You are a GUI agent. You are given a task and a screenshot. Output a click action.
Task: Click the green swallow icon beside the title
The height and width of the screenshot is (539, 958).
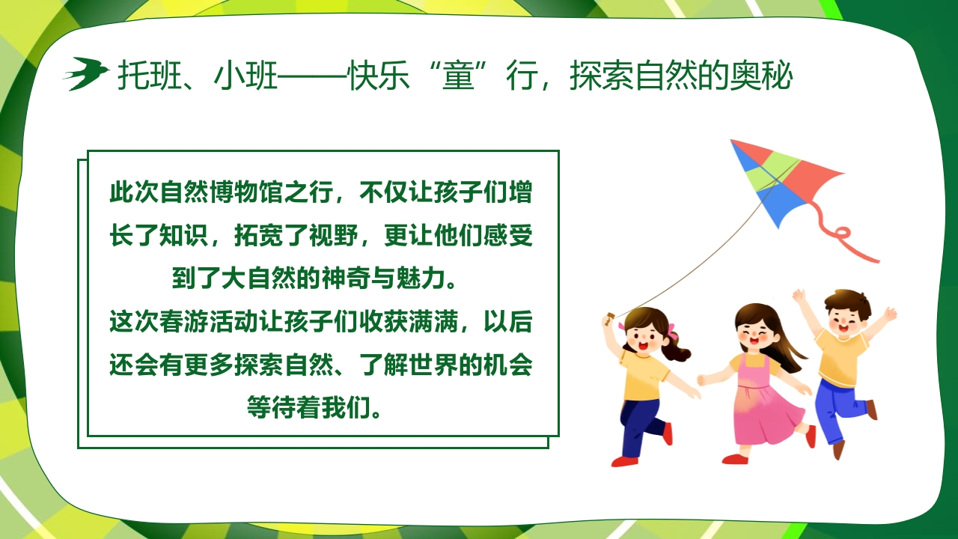coord(85,73)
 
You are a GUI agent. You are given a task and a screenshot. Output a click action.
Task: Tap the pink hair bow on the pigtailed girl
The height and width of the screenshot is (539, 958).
coord(671,330)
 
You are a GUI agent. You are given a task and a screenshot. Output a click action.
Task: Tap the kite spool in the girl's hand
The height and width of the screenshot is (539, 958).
coord(609,317)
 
